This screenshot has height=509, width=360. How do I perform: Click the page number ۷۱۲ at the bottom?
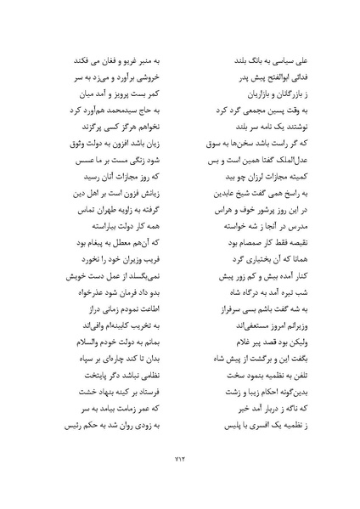point(181,472)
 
